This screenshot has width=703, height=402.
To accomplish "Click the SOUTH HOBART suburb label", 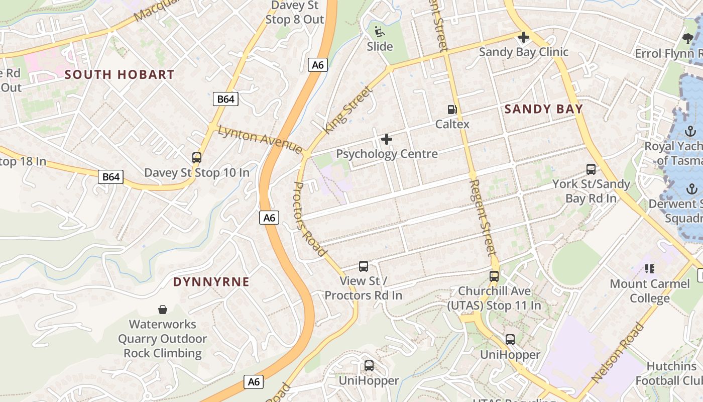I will click(x=120, y=75).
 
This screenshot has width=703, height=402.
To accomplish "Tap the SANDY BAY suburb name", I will click(x=543, y=109).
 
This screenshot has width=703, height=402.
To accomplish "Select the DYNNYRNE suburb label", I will click(x=211, y=282).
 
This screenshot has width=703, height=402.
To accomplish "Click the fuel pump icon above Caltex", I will click(x=452, y=109).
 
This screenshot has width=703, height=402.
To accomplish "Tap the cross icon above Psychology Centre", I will click(x=387, y=139).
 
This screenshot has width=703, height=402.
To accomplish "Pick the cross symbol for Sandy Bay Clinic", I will click(x=523, y=37).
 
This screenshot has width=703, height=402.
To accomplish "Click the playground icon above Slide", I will click(x=380, y=32).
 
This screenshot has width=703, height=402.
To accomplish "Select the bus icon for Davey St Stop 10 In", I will click(x=197, y=158).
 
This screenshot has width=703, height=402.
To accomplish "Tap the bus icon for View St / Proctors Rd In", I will click(x=364, y=266).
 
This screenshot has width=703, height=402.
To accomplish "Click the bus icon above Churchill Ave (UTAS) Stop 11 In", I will click(x=494, y=276).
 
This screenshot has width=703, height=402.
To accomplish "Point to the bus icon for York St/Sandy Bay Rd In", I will click(x=591, y=169).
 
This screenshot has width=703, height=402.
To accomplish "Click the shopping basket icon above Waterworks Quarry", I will click(x=163, y=309).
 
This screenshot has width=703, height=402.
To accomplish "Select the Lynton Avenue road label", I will click(x=260, y=139).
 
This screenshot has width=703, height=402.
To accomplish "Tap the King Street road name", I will click(x=347, y=110).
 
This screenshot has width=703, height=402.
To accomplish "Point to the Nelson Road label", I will click(x=617, y=352).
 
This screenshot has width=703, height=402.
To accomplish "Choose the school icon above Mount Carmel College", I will click(x=650, y=269).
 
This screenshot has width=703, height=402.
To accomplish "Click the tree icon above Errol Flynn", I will click(x=688, y=38).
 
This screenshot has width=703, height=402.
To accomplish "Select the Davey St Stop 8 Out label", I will click(x=295, y=13).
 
